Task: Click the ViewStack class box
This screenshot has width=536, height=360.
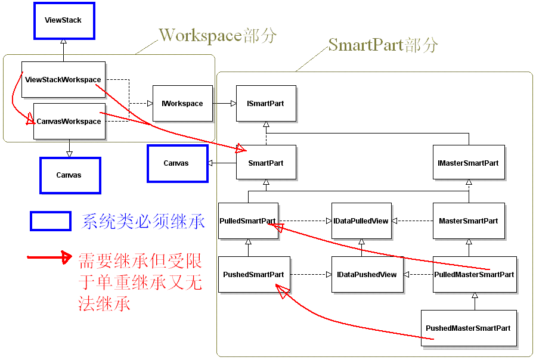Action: click(63, 20)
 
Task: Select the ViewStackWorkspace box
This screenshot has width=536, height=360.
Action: click(63, 79)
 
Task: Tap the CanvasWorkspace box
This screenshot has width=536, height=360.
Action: click(69, 121)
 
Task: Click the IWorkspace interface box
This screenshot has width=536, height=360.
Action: click(182, 103)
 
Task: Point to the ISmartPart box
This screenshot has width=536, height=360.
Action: click(266, 103)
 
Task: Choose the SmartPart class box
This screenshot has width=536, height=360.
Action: click(266, 163)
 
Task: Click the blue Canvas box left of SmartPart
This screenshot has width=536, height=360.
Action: click(177, 163)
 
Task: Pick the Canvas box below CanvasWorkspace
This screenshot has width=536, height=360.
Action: click(69, 175)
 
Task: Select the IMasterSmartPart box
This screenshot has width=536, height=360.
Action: click(469, 163)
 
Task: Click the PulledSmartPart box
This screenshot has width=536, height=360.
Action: click(248, 221)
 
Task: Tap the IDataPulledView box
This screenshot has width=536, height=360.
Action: click(361, 221)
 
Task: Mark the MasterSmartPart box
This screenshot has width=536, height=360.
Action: click(469, 221)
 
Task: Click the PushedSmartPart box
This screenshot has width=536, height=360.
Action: click(253, 274)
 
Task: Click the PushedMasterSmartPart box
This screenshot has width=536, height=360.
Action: click(468, 328)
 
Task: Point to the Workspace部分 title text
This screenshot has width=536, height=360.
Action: click(218, 36)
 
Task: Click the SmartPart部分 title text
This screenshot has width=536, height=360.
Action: click(383, 45)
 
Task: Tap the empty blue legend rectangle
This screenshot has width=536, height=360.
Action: click(51, 221)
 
